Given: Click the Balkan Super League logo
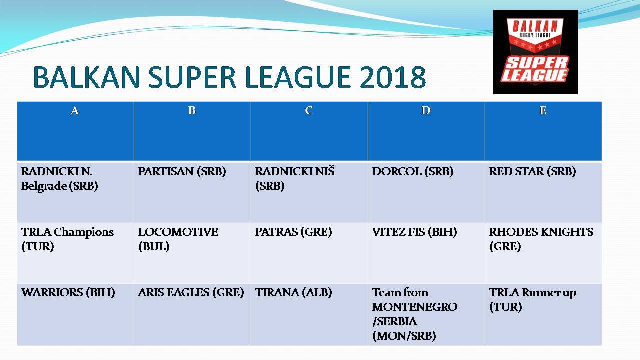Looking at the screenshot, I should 535,52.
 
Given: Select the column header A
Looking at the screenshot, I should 75,111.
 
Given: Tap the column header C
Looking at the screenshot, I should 309,111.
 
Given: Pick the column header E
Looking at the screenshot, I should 543,111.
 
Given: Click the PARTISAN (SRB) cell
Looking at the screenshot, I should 182,172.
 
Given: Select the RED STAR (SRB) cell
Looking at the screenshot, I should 532,172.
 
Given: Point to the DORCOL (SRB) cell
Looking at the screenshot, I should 412,172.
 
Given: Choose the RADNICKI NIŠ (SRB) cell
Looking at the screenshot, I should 295,179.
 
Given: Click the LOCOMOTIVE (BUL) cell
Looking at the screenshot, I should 178,239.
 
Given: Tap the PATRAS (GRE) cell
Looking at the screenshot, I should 293,232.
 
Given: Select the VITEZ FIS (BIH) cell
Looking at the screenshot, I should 414,232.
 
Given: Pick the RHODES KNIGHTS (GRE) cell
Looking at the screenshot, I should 541,239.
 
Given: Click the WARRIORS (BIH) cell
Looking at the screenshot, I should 68,293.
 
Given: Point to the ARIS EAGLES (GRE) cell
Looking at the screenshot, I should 191,293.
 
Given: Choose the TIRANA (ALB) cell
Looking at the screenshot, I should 293,293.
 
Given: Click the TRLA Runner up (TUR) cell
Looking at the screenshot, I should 532,299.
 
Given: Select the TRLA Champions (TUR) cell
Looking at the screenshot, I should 67,239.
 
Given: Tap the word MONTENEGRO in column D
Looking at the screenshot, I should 415,307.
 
